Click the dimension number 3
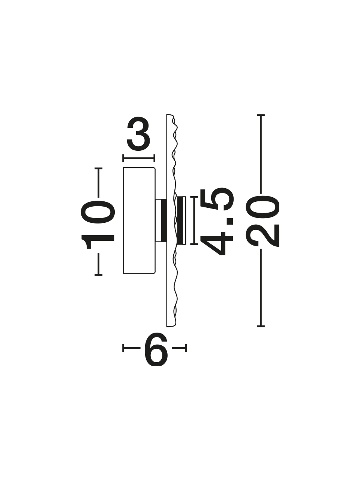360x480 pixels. pos(138,134)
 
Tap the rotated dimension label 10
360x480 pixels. pos(98,225)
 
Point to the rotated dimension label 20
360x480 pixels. pos(262,221)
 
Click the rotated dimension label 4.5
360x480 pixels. pos(217,221)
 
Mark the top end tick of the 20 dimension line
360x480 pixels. pos(261,115)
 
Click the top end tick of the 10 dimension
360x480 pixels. pos(98,168)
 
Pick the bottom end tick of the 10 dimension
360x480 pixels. pos(98,275)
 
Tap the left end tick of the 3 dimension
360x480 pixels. pos(123,158)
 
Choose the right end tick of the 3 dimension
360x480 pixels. pos(154,158)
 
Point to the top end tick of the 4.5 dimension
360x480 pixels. pos(194,197)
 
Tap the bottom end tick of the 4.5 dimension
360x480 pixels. pos(194,244)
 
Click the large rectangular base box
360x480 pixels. pos(139,220)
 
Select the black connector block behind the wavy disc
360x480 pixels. pos(164,220)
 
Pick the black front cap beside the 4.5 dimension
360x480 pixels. pos(180,220)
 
